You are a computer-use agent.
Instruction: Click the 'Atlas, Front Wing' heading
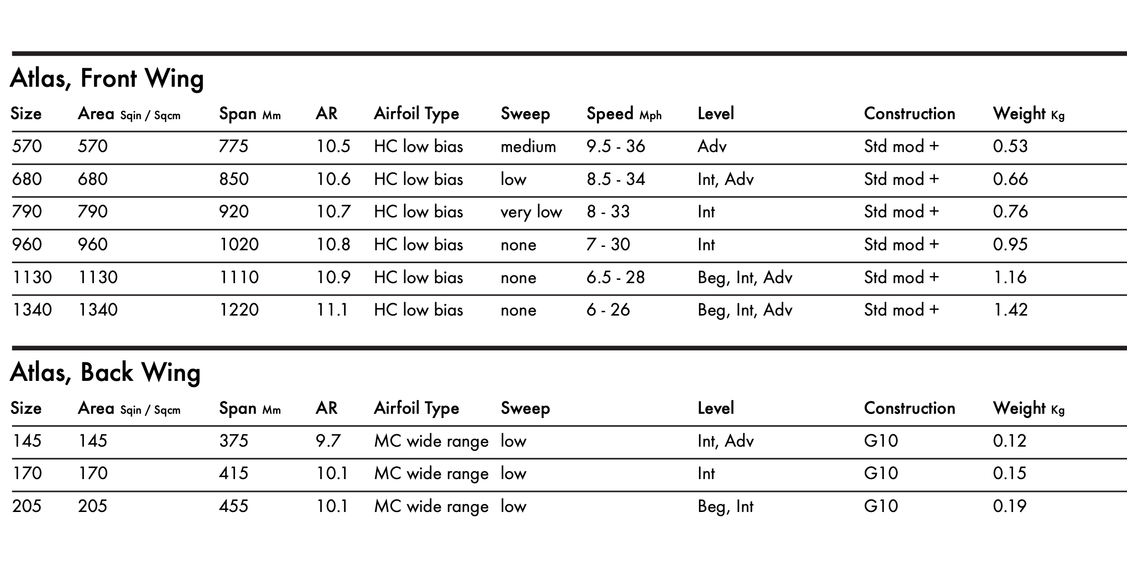tap(107, 78)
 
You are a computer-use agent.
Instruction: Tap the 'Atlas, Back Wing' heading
tap(105, 372)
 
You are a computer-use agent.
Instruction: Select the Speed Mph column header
tap(624, 114)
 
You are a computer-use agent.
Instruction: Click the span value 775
tap(234, 146)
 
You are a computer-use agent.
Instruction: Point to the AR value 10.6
tap(333, 179)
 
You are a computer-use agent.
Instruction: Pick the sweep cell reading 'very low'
tap(531, 212)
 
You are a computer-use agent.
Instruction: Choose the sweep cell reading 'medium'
tap(528, 146)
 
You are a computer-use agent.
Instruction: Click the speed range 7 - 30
tap(608, 245)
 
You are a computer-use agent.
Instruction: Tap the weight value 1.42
tap(1010, 310)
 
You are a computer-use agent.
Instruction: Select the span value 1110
tap(239, 277)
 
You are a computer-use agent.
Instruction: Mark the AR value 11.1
tap(332, 310)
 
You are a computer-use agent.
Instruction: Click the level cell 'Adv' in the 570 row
tap(712, 146)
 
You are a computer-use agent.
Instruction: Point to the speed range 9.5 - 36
tap(615, 146)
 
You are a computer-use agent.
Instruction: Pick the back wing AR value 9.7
tap(328, 441)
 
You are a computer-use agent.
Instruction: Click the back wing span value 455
tap(234, 506)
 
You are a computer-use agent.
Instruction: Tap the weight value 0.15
tap(1009, 473)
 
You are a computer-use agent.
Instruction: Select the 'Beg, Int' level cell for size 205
tap(725, 506)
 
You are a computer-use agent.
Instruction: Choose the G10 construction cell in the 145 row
tap(881, 441)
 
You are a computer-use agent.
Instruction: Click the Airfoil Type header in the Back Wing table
tap(416, 409)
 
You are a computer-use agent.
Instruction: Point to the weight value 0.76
tap(1010, 212)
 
